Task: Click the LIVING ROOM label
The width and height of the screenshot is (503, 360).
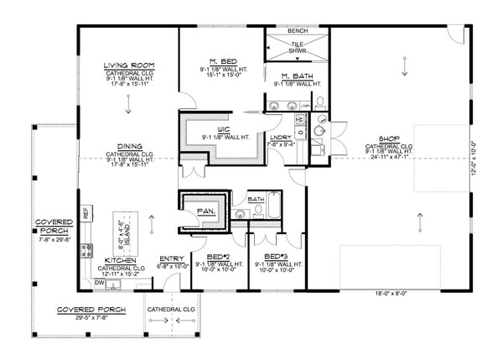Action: tap(128, 65)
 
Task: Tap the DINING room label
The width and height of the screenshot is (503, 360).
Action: tap(128, 146)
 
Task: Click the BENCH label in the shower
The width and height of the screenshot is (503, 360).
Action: tap(296, 30)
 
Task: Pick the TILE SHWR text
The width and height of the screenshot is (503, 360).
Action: tap(296, 49)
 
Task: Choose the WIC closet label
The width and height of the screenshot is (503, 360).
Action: tap(222, 129)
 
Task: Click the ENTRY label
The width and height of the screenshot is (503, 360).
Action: tap(172, 258)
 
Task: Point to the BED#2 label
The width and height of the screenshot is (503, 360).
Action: tap(218, 255)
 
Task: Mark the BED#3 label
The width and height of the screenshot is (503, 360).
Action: tap(276, 255)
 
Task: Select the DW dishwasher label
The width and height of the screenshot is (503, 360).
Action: tap(99, 283)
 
